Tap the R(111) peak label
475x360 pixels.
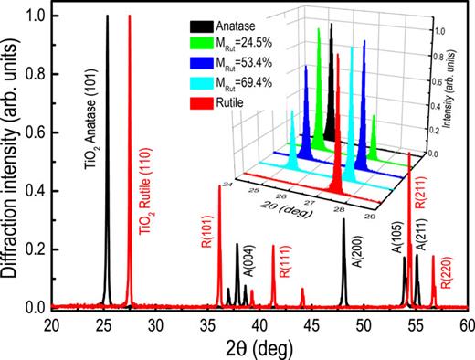pos(285,259)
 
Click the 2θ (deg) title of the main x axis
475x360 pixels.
pos(259,347)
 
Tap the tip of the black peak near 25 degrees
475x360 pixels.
pos(107,16)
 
